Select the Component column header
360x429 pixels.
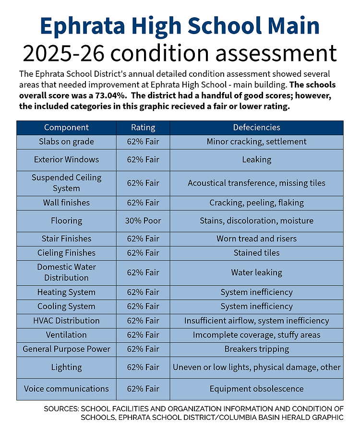(66, 128)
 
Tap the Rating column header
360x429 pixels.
(143, 128)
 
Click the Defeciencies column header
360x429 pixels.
(256, 128)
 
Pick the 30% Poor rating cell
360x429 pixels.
(143, 221)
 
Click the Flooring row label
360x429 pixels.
(66, 221)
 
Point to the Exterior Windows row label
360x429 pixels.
(66, 159)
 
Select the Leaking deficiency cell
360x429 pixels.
(256, 159)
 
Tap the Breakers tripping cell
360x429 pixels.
(256, 349)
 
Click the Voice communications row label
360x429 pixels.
(66, 389)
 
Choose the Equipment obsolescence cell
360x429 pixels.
(256, 389)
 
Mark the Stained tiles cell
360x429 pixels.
(256, 253)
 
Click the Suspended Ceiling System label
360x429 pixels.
(66, 183)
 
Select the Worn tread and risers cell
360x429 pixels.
(256, 238)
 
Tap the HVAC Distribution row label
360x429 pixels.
(66, 321)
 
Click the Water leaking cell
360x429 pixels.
(256, 273)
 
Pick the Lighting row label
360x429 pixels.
(66, 368)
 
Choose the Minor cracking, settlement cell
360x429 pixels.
(256, 142)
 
